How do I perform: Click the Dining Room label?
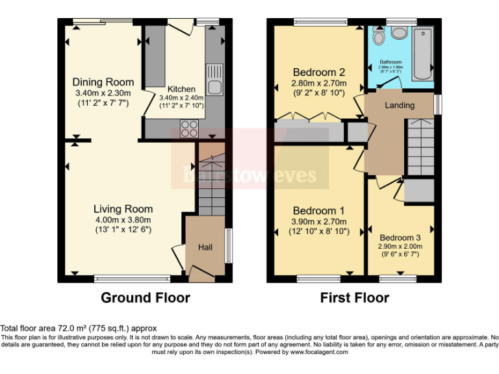pyautogui.click(x=103, y=82)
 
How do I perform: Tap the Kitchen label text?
pyautogui.click(x=181, y=89)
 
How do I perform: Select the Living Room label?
pyautogui.click(x=123, y=209)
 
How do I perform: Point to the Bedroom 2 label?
pyautogui.click(x=318, y=72)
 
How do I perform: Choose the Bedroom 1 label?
pyautogui.click(x=318, y=211)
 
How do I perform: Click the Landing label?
pyautogui.click(x=400, y=105)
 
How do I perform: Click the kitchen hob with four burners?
pyautogui.click(x=189, y=128)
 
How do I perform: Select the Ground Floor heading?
pyautogui.click(x=146, y=298)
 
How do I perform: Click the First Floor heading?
pyautogui.click(x=354, y=298)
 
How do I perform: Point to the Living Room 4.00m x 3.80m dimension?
pyautogui.click(x=123, y=221)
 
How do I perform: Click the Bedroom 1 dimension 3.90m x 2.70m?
pyautogui.click(x=318, y=222)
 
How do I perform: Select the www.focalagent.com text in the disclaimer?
pyautogui.click(x=323, y=353)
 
